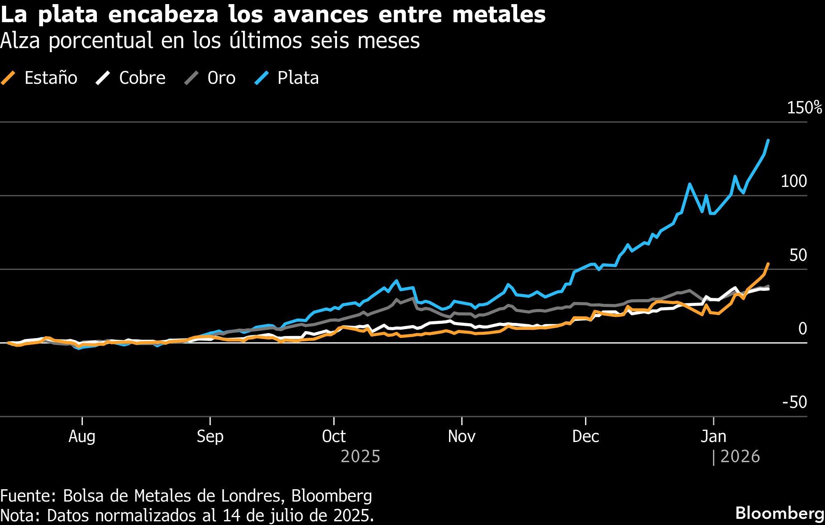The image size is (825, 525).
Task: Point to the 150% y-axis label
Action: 804,108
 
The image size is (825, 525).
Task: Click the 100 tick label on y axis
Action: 794,181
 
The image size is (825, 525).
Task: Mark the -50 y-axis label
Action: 795,402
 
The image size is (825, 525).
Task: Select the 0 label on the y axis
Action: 802,329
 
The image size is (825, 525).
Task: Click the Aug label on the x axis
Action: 82,436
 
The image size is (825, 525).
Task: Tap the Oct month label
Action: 334,436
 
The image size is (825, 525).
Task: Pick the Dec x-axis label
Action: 585,436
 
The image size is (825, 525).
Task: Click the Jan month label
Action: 713,436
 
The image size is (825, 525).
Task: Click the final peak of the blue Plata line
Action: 768,140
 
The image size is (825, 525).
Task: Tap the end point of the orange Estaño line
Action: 768,264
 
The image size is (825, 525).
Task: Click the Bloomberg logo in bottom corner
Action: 779,513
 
